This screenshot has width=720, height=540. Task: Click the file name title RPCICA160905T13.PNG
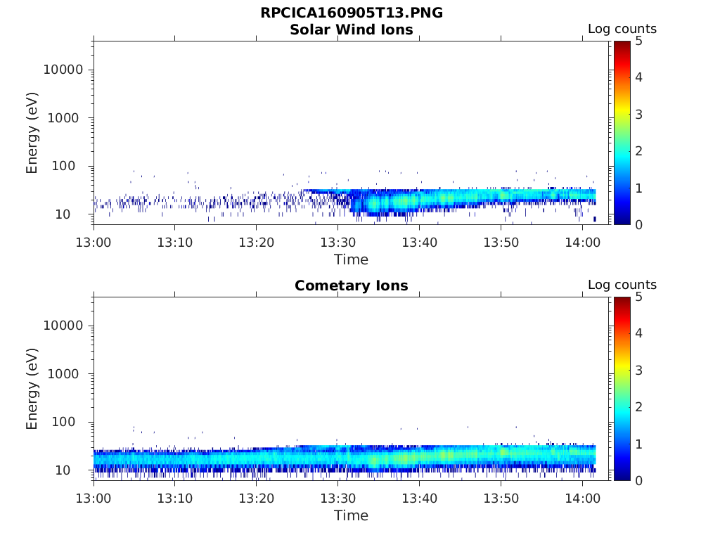click(x=352, y=13)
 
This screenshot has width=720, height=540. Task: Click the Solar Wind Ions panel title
click(x=352, y=30)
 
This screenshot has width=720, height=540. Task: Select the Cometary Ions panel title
click(x=352, y=285)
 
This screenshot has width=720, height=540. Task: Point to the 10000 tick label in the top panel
click(x=63, y=70)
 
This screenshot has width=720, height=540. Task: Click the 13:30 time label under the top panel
click(x=338, y=243)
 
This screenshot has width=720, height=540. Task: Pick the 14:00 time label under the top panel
click(x=582, y=243)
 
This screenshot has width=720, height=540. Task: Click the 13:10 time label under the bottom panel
click(x=175, y=499)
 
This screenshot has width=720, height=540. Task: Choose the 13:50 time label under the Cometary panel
click(x=501, y=499)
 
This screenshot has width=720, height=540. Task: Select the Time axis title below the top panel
click(x=352, y=260)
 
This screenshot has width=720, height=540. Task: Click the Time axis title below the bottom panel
click(x=352, y=515)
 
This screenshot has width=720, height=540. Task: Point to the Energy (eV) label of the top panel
click(x=32, y=133)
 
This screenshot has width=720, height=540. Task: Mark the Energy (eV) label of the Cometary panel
click(x=32, y=389)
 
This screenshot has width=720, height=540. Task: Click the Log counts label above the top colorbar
click(x=622, y=29)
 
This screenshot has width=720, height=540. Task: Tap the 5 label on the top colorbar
click(x=638, y=41)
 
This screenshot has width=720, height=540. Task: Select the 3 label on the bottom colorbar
click(x=638, y=371)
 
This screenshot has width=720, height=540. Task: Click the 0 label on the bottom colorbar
click(x=638, y=481)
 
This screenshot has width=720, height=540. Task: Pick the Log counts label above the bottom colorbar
click(x=622, y=285)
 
